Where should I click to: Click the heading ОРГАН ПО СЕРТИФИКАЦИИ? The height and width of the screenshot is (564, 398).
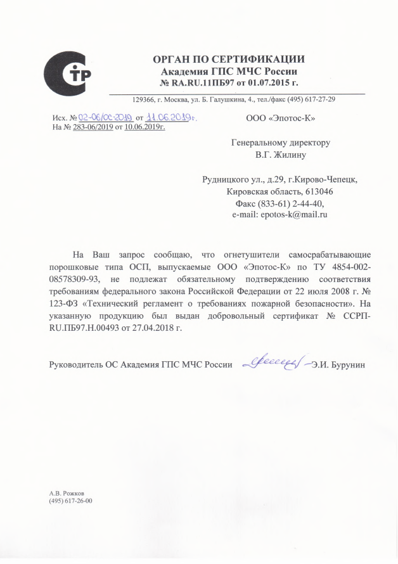coord(229,60)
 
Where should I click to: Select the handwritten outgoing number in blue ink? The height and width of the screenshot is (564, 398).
coord(105,118)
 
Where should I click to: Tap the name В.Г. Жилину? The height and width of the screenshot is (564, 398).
coord(280,154)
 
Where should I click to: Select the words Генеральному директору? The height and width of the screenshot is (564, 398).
coord(280,143)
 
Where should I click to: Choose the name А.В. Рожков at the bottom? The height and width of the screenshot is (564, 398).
coord(67,493)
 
